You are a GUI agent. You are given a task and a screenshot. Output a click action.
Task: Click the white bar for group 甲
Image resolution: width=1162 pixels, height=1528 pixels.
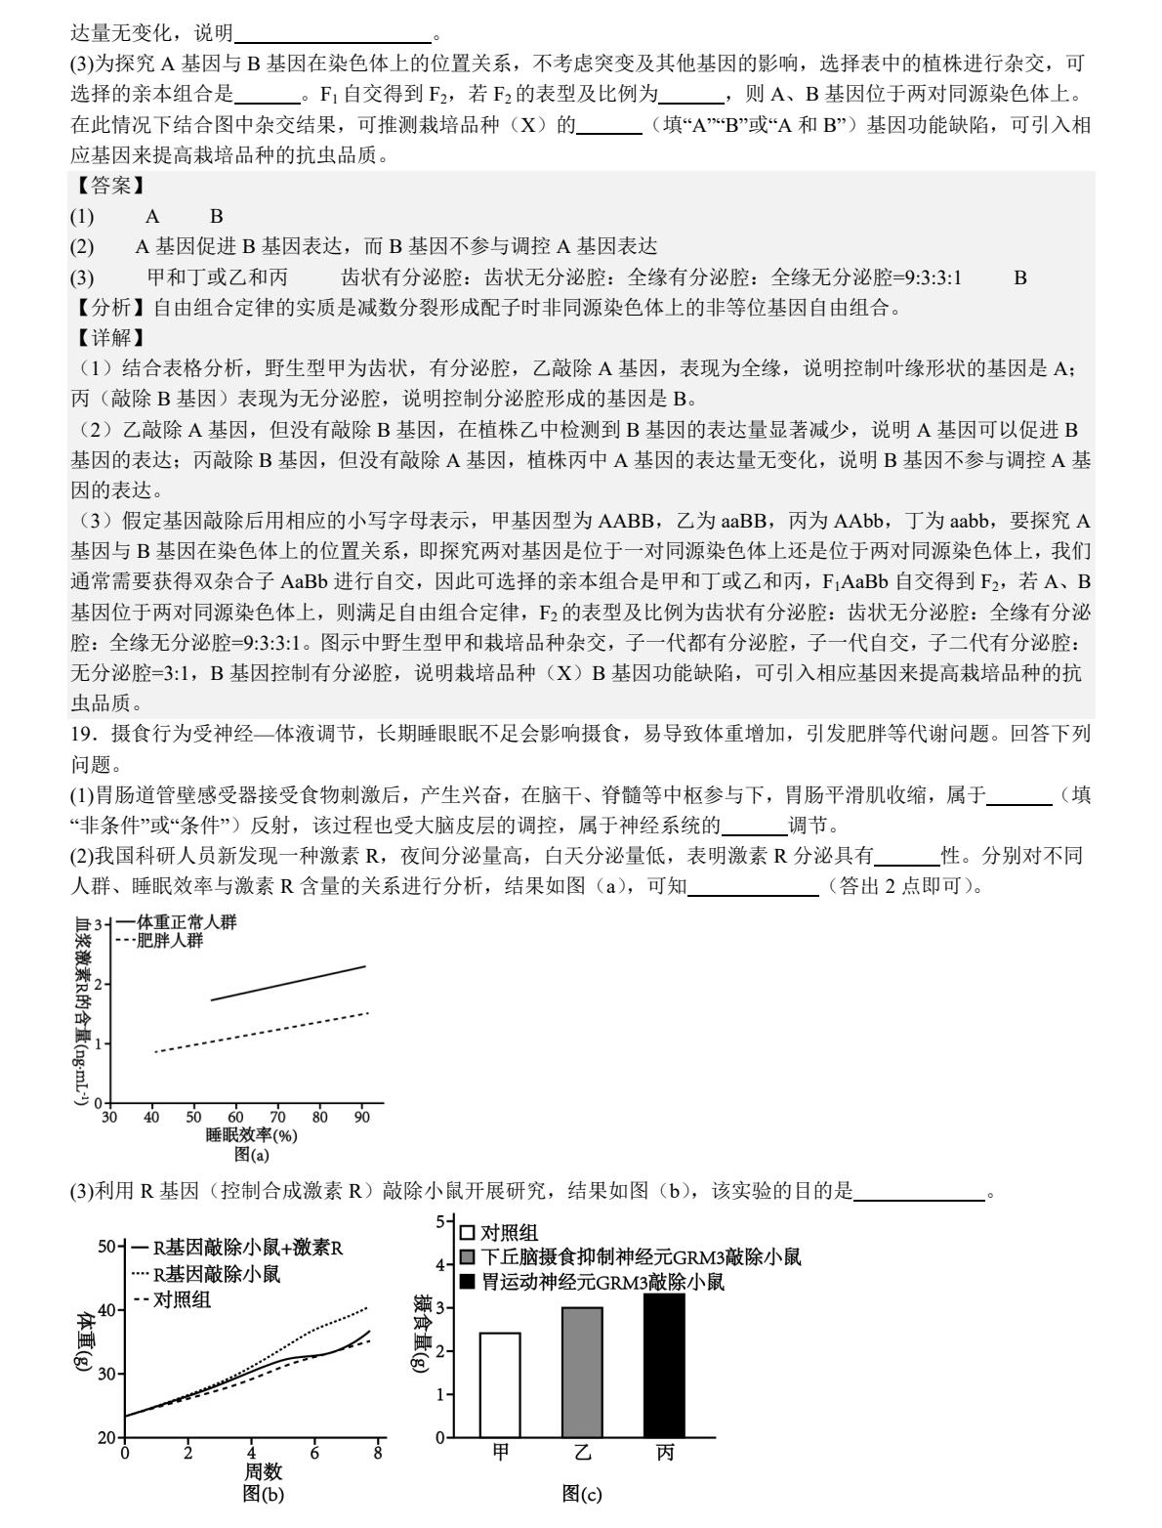[x=500, y=1384]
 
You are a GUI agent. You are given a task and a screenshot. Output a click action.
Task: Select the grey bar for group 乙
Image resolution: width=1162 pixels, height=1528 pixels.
[x=582, y=1372]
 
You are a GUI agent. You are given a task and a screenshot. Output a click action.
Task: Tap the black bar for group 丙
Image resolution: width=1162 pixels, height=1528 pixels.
[x=665, y=1366]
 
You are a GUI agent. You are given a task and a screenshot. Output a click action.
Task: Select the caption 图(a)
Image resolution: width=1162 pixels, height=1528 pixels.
[x=251, y=1154]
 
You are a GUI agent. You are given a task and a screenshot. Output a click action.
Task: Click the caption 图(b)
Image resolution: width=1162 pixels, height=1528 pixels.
[x=263, y=1493]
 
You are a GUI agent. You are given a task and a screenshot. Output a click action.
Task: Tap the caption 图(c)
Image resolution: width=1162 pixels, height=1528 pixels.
[x=582, y=1493]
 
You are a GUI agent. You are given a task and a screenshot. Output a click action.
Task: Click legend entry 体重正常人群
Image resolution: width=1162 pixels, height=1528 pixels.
[x=179, y=922]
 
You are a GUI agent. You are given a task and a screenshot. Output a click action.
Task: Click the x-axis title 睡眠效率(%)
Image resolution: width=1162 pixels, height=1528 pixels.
[x=251, y=1135]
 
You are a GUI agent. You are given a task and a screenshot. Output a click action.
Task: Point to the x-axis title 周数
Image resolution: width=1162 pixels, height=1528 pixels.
[x=263, y=1471]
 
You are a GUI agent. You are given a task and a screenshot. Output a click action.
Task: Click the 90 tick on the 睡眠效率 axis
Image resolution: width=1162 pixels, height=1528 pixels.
[x=362, y=1117]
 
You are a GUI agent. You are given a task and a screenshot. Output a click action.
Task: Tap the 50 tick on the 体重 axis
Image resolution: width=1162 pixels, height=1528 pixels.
[x=107, y=1247]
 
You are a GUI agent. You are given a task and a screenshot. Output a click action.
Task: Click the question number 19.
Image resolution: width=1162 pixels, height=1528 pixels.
[x=81, y=733]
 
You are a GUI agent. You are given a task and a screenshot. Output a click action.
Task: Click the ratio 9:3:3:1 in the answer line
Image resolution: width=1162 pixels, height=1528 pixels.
[x=929, y=277]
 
